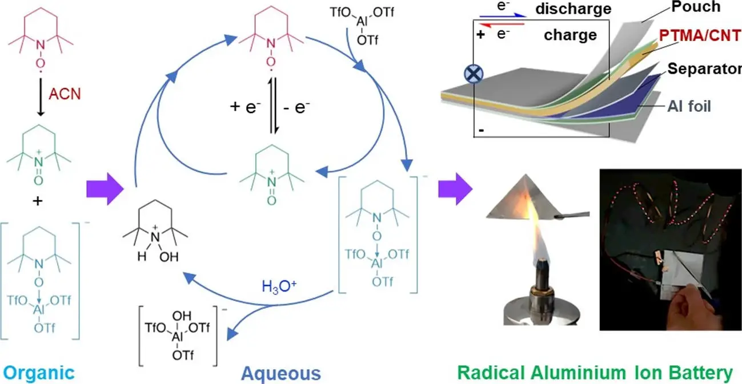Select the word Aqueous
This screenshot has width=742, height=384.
280,374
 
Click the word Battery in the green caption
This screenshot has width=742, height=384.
700,374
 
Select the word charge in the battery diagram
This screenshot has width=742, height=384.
571,35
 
